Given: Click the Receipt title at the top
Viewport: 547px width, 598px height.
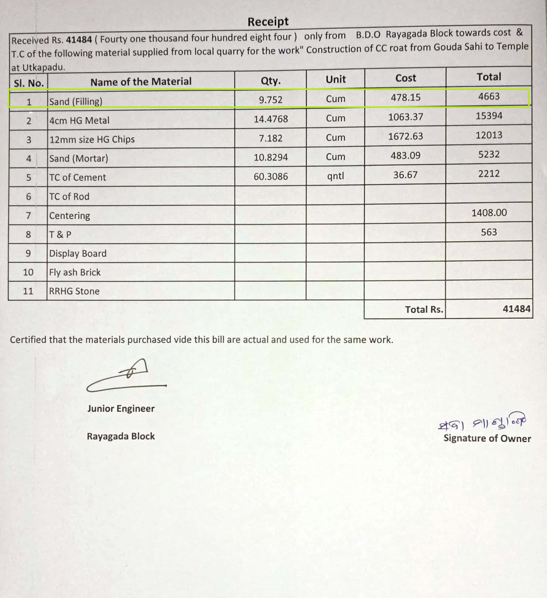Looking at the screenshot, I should point(268,22).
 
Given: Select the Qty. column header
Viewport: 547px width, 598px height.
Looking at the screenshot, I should point(270,81).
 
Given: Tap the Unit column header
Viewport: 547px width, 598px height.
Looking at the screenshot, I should point(335,79).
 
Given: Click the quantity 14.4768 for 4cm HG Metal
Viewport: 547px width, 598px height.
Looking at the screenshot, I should point(270,119).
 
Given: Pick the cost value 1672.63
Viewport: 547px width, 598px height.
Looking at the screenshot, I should point(405,136).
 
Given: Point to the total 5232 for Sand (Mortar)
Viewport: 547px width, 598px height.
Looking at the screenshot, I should point(489,154).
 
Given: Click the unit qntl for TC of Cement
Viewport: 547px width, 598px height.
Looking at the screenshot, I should point(335,176).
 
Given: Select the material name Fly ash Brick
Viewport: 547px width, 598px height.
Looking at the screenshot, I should point(75,272).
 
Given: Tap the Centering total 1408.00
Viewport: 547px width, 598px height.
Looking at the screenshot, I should point(489,213).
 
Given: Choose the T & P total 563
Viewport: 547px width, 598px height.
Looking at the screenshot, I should point(489,232).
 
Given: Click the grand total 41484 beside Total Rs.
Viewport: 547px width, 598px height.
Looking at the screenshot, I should point(516,309).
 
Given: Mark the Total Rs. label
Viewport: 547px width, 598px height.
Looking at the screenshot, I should point(424,310).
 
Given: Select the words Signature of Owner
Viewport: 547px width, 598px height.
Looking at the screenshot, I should point(487,438).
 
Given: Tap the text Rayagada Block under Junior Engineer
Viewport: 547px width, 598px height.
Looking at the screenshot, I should point(121,436).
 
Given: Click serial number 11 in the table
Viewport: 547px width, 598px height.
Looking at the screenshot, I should point(28,291).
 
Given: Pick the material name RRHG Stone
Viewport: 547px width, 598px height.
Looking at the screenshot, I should point(74,291).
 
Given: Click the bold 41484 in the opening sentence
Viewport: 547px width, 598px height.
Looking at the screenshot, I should point(79,40).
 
